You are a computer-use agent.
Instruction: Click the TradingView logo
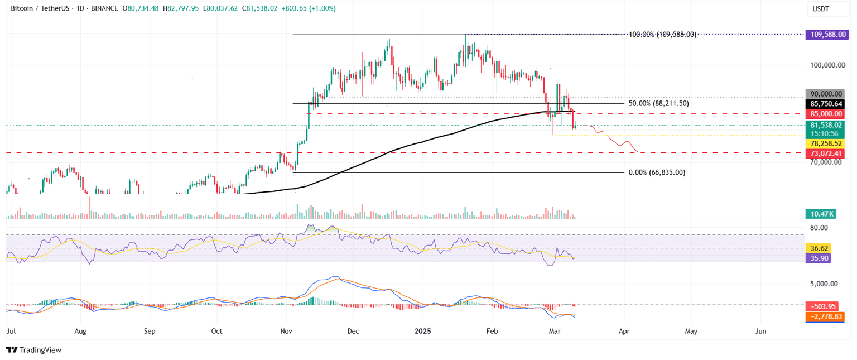33,350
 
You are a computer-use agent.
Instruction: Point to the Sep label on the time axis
149,331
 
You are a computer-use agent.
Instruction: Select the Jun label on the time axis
760,331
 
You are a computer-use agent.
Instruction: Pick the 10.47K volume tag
820,213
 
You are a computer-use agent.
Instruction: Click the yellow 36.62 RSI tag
818,248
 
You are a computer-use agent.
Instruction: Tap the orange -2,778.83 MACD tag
825,316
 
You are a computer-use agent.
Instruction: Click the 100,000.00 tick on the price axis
828,65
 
